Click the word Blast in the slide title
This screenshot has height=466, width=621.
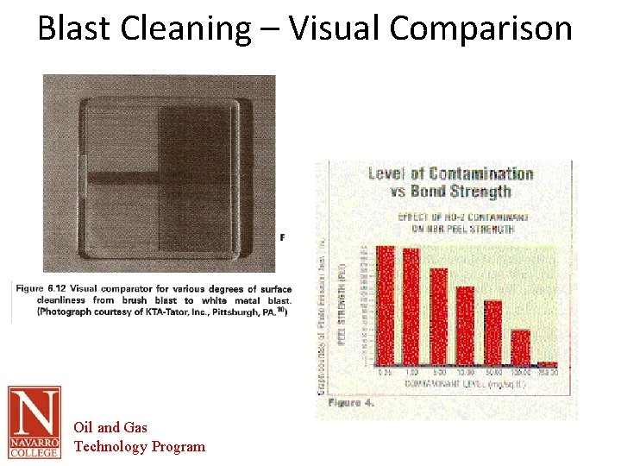coord(74,28)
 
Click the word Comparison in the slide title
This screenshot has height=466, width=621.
coord(480,28)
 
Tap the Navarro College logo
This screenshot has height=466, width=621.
coord(34,422)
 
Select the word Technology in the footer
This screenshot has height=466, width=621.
coord(111,446)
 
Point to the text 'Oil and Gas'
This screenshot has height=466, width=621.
coord(110,427)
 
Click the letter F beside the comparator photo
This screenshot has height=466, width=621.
coord(283,237)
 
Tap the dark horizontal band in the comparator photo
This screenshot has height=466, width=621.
coord(121,179)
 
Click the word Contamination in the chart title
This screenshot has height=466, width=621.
coord(479,174)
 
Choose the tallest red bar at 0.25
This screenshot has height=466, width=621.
coord(385,305)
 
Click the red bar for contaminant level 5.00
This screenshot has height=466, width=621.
coord(438,317)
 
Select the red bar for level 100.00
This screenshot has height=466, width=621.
coord(520,347)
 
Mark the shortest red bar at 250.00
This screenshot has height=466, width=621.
coord(547,364)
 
